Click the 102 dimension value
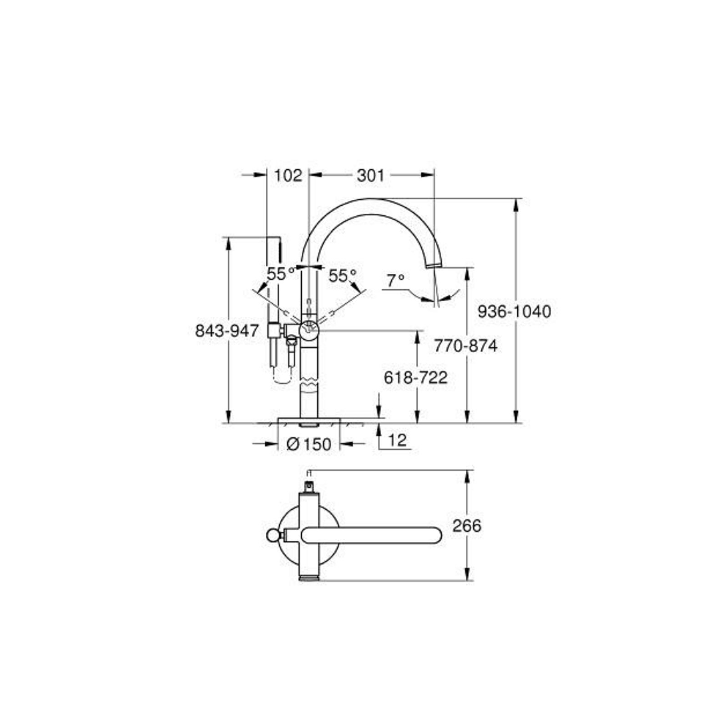pos(288,176)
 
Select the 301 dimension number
pos(370,176)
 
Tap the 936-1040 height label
pos(515,311)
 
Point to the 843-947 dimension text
pos(227,330)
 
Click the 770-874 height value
pos(465,346)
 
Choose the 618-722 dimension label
pos(416,377)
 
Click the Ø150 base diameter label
pos(309,444)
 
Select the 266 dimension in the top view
pos(467,526)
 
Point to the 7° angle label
pos(395,281)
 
